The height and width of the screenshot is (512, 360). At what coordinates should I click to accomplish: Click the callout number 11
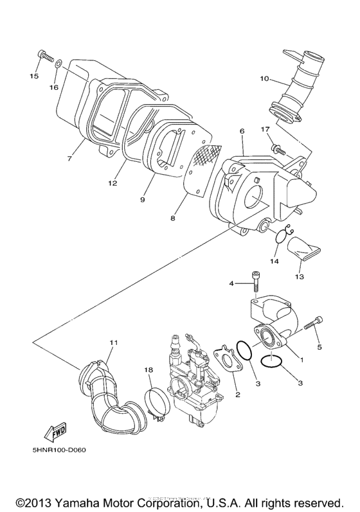[x=114, y=343]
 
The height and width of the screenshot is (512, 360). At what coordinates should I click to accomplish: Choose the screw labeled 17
[x=277, y=149]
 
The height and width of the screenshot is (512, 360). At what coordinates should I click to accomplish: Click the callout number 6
[x=242, y=131]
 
